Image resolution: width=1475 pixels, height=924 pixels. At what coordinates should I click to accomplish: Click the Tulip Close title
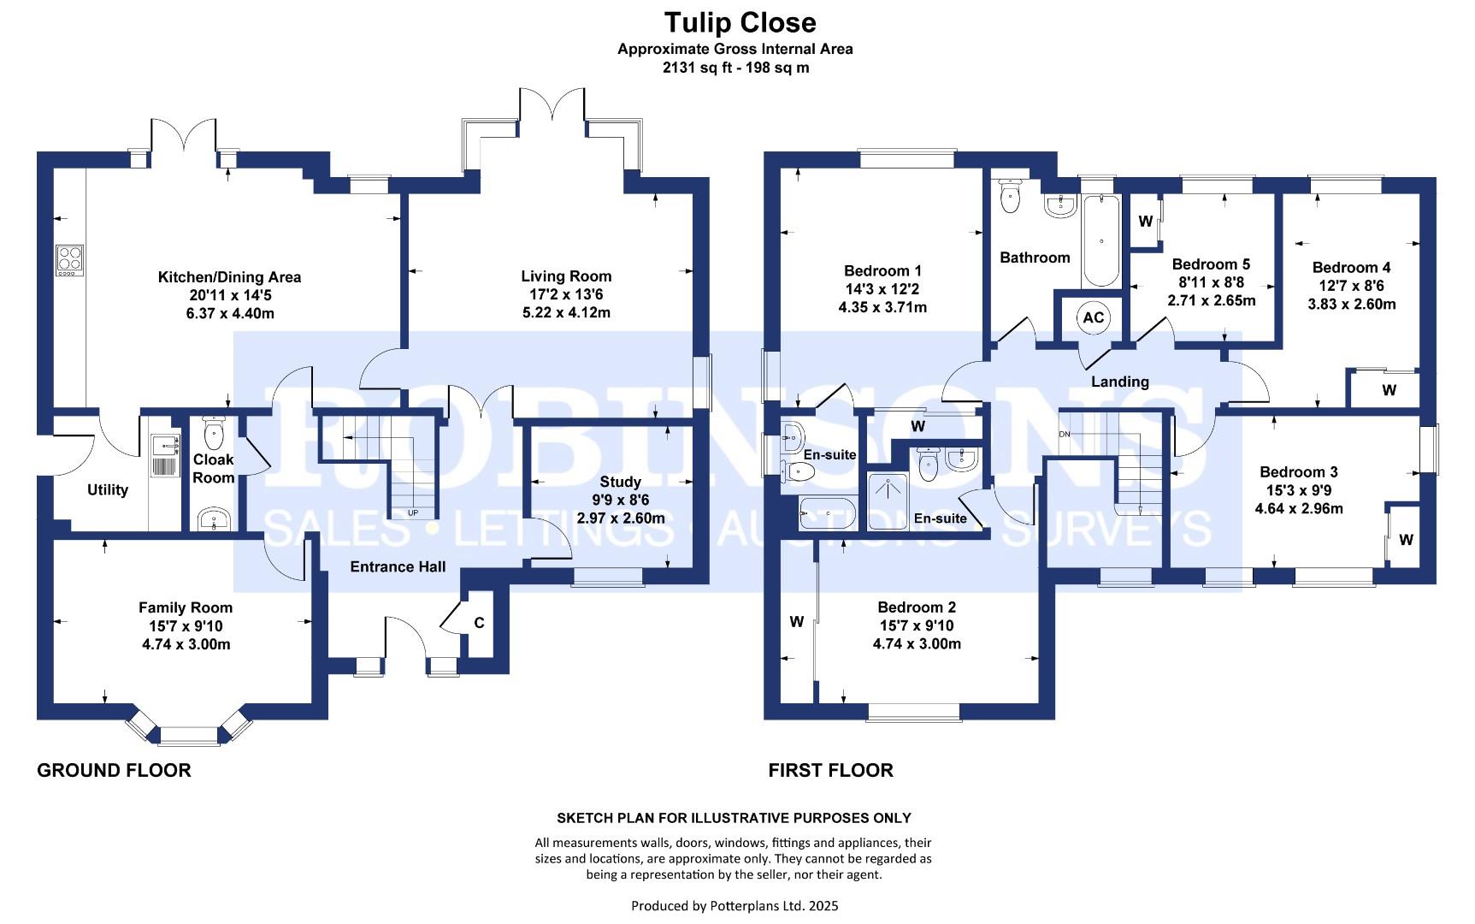point(740,22)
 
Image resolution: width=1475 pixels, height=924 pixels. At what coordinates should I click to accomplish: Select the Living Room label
point(566,276)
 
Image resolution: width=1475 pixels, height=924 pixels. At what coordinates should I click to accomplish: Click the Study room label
point(620,483)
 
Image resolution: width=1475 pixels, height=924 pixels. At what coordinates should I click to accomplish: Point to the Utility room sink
point(165,444)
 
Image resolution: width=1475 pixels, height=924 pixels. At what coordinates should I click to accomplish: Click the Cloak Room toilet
point(213,433)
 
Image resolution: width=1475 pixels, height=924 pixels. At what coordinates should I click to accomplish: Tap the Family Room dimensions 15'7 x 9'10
point(186,626)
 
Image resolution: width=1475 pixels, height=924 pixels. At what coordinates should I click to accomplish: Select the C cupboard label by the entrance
point(479,623)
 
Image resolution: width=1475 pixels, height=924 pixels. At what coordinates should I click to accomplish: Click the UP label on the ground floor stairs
point(414,513)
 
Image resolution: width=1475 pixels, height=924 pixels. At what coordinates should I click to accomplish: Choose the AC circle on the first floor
point(1094,317)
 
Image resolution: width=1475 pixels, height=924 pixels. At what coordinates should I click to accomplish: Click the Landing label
point(1119,382)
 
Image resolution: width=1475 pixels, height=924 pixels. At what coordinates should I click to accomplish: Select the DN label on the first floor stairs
point(1065,435)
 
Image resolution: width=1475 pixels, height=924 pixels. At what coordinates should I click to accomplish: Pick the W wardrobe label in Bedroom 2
point(796,622)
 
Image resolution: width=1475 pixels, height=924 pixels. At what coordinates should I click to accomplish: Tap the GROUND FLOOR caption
point(114,770)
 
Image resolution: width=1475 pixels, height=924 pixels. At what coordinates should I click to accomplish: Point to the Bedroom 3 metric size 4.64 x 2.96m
point(1299,508)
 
